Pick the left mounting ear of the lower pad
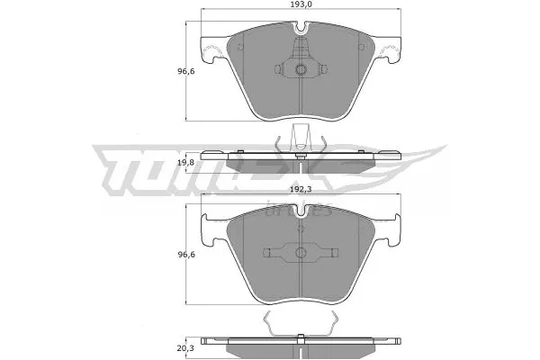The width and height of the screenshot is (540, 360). pyautogui.click(x=213, y=231)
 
